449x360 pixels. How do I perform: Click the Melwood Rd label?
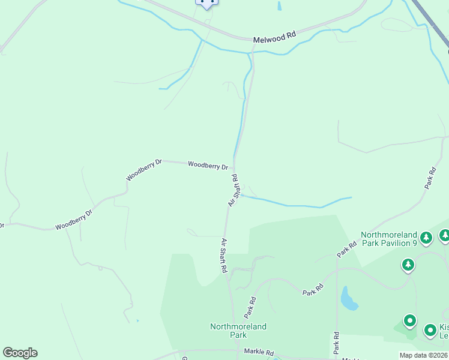[275, 36]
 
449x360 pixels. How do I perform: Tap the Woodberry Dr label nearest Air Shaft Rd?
[208, 165]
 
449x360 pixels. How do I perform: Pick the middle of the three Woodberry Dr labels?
[144, 170]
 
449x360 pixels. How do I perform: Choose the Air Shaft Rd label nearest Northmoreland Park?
[223, 256]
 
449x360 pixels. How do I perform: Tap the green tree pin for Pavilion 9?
[426, 238]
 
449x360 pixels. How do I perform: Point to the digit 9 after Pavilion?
[414, 243]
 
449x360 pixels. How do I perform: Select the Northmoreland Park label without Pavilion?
[238, 331]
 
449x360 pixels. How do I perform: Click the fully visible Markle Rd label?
[259, 352]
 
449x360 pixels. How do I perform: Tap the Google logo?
[20, 353]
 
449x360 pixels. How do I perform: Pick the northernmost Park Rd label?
[430, 178]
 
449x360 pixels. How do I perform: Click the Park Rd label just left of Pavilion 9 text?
[346, 249]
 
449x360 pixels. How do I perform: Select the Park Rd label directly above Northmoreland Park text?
[250, 307]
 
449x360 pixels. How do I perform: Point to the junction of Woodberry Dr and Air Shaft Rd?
[234, 169]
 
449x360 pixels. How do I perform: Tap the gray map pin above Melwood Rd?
[206, 3]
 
